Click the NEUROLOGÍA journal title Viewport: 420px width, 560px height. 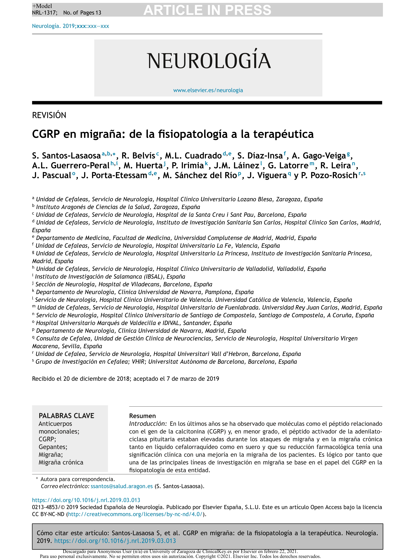pyautogui.click(x=209, y=61)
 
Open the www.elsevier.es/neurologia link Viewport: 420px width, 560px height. pyautogui.click(x=208, y=90)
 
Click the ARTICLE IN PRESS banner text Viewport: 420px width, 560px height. pyautogui.click(x=207, y=10)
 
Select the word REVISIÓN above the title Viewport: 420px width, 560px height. pyautogui.click(x=49, y=115)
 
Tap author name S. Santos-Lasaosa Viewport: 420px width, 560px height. pyautogui.click(x=66, y=155)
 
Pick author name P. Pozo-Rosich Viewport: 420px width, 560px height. pyautogui.click(x=329, y=175)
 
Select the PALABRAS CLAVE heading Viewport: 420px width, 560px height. pyautogui.click(x=66, y=416)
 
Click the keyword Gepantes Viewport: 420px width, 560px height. pyautogui.click(x=53, y=447)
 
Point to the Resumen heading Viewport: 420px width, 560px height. pyautogui.click(x=142, y=416)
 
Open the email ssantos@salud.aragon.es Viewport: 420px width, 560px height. pyautogui.click(x=122, y=486)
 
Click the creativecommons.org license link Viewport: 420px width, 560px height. pyautogui.click(x=135, y=514)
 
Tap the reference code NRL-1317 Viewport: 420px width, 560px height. pyautogui.click(x=45, y=13)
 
